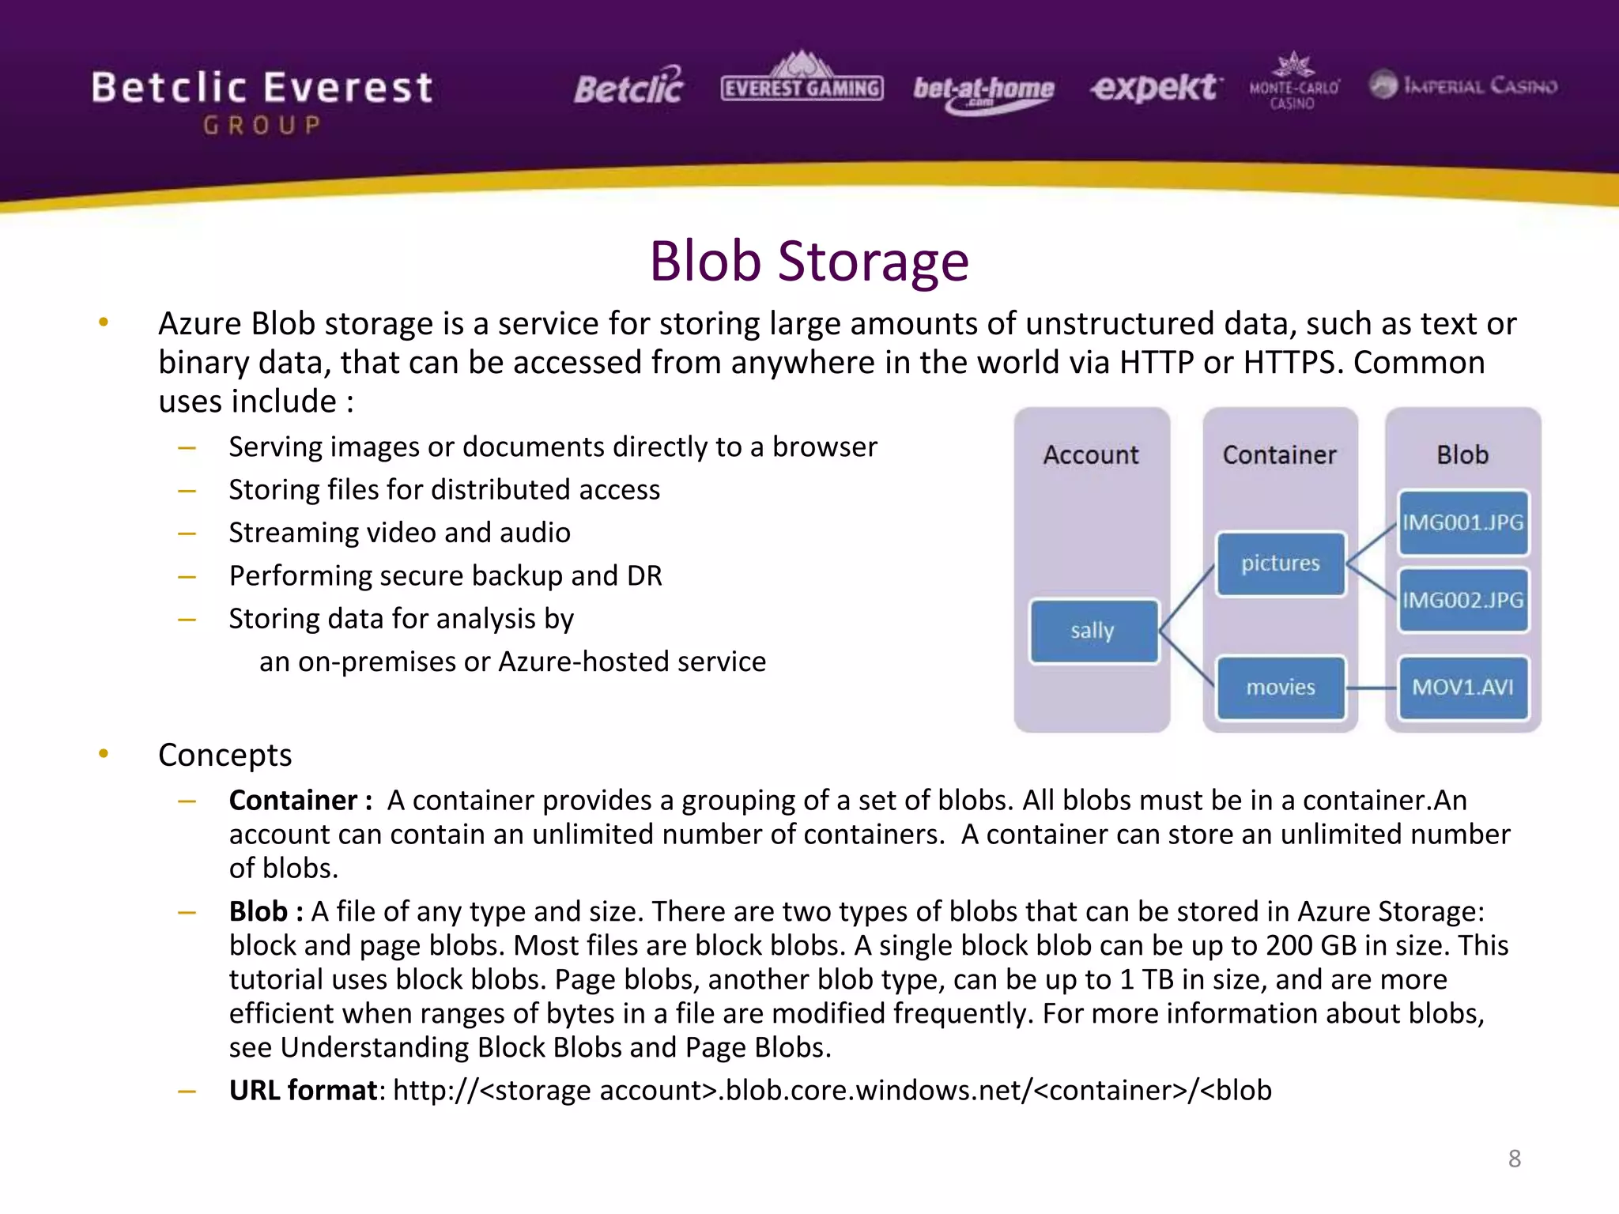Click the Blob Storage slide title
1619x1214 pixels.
click(x=809, y=261)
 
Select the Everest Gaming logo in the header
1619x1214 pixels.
click(x=802, y=81)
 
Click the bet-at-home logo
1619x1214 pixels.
click(x=983, y=92)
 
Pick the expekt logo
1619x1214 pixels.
click(x=1155, y=87)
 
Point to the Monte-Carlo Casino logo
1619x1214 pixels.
click(x=1293, y=83)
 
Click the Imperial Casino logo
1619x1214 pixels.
click(x=1462, y=85)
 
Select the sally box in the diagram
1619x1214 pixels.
click(x=1093, y=631)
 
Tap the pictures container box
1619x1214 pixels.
click(x=1280, y=564)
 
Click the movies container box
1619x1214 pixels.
click(x=1280, y=687)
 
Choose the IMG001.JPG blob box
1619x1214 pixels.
click(x=1462, y=522)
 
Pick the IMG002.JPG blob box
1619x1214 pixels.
click(x=1462, y=600)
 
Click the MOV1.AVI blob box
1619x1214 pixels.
click(x=1462, y=687)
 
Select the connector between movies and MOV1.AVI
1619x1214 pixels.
click(x=1372, y=688)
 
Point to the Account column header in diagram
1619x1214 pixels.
click(x=1091, y=454)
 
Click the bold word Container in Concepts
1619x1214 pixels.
click(x=293, y=801)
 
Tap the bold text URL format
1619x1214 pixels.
click(x=303, y=1090)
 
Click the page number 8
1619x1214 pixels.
click(x=1514, y=1159)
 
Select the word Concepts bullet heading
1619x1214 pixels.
click(x=225, y=755)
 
